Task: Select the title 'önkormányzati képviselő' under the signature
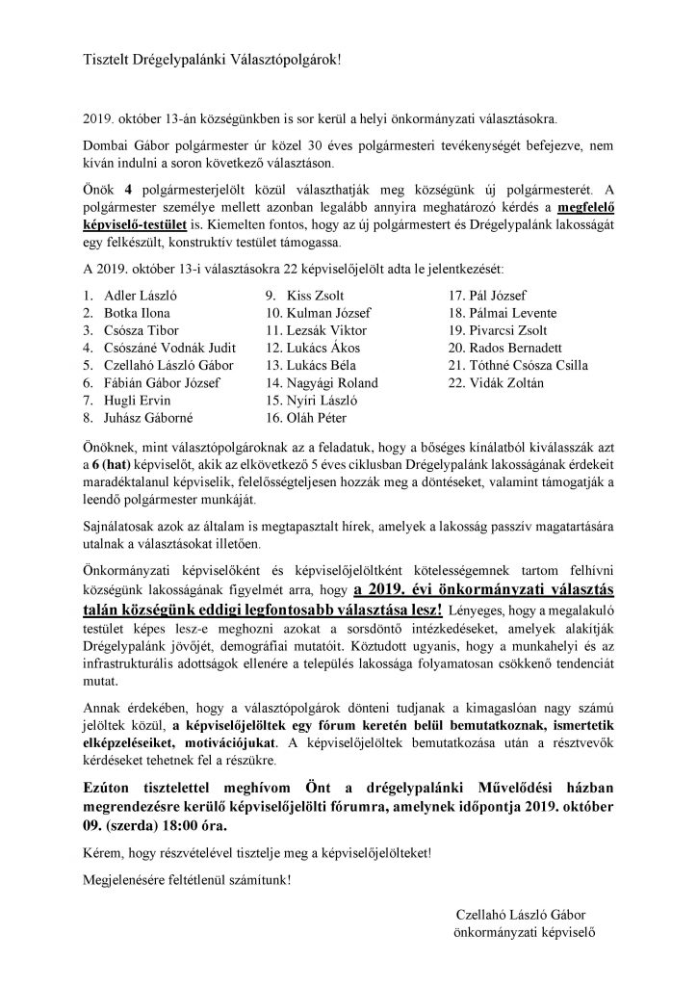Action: (x=526, y=933)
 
